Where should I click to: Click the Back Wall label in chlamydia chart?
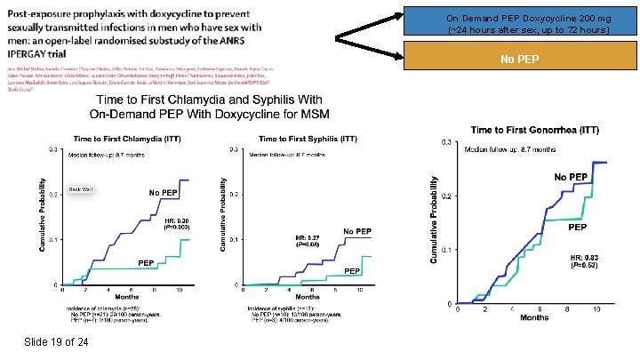click(81, 189)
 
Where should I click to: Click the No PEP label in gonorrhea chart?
click(571, 178)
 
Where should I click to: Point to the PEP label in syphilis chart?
click(352, 270)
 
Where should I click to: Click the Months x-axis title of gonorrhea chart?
click(532, 317)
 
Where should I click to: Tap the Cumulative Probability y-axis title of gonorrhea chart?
click(433, 219)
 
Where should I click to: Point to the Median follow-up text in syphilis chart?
click(286, 155)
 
